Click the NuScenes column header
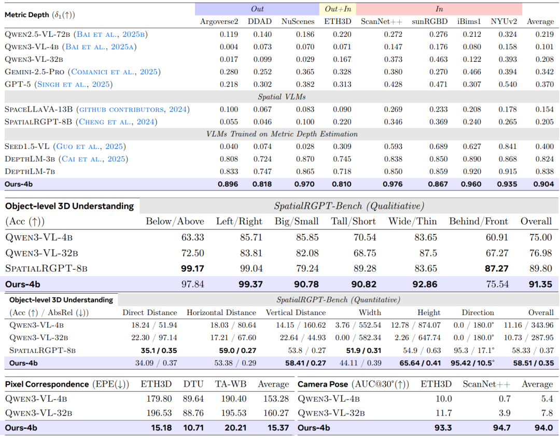tap(298, 21)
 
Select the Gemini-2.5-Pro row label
tap(34, 72)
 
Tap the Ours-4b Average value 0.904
tap(543, 184)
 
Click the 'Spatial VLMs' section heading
tap(282, 97)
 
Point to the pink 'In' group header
tap(439, 9)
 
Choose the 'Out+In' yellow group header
tap(338, 9)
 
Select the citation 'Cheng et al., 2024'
tap(117, 122)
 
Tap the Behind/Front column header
tap(478, 221)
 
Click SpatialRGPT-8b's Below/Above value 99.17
tap(192, 268)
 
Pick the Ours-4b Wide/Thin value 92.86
tap(425, 284)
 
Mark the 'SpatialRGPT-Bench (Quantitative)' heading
tap(338, 299)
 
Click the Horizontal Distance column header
tap(221, 312)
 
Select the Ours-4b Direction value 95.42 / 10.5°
tap(472, 363)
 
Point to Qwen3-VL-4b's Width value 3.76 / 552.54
tap(358, 325)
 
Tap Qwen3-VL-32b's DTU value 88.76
tap(193, 413)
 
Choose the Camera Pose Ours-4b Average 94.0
tap(543, 428)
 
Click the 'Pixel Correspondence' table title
tap(47, 385)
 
